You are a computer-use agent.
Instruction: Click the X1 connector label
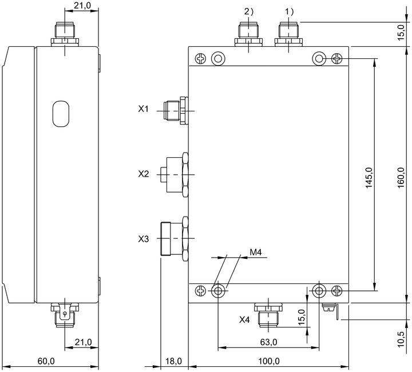click(143, 109)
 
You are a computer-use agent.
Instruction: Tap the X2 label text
click(144, 174)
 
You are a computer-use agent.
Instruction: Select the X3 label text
click(144, 239)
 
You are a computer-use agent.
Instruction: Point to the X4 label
click(244, 319)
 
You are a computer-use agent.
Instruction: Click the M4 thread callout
click(255, 253)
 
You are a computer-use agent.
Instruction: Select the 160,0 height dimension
click(401, 177)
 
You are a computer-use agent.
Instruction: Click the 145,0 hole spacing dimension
click(369, 177)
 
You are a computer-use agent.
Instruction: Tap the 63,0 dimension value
click(268, 342)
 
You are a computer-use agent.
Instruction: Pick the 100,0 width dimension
click(269, 361)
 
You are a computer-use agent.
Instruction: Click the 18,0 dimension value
click(173, 361)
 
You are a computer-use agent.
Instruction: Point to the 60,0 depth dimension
click(46, 361)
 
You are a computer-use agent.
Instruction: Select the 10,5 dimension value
click(401, 339)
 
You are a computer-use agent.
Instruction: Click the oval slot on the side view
click(61, 114)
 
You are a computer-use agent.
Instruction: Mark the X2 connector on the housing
click(175, 174)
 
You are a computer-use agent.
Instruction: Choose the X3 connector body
click(175, 238)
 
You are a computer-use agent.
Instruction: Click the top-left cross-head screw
click(201, 58)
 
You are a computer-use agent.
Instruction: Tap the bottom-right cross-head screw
click(337, 291)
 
